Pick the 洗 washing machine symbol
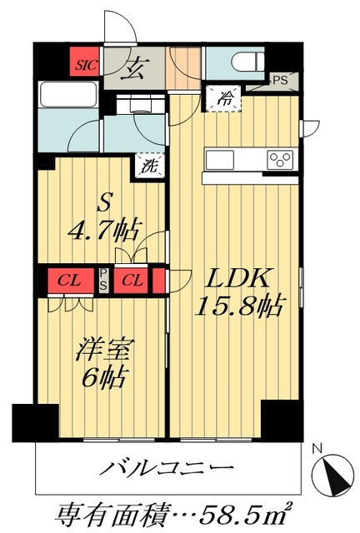150,165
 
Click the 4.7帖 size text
103,227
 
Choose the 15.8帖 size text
235,309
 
